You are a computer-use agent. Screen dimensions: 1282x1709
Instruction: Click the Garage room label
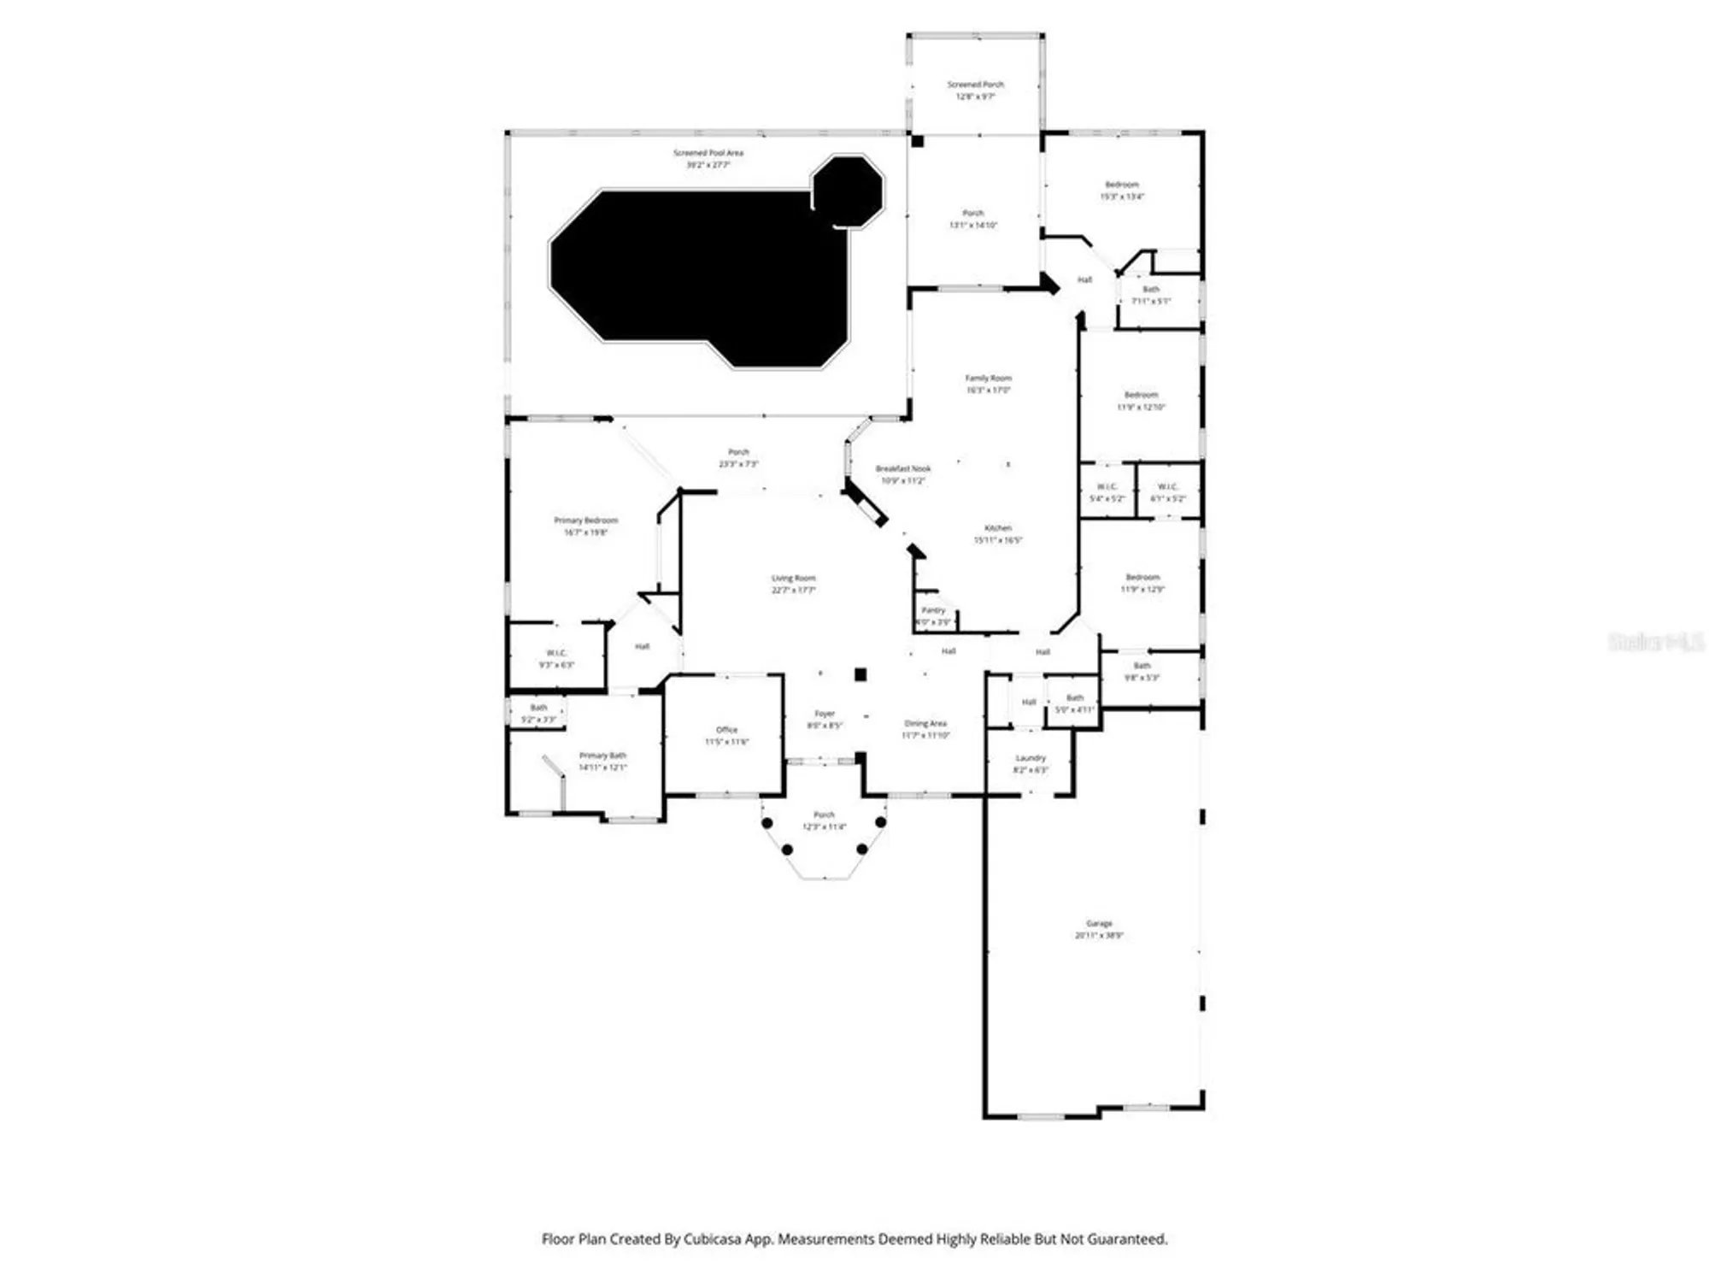coord(1099,929)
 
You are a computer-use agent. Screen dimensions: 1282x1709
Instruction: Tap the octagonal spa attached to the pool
coord(847,191)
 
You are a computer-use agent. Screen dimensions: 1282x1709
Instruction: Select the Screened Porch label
coord(975,90)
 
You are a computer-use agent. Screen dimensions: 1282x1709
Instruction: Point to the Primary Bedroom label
coord(585,526)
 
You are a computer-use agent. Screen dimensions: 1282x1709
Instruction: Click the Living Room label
coord(793,584)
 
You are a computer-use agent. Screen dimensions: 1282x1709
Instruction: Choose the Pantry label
coord(933,615)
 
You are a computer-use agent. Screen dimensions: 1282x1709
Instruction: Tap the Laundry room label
coord(1030,763)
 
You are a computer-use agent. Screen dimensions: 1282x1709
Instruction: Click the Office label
coord(726,735)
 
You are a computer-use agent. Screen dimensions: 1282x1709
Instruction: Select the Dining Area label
coord(925,728)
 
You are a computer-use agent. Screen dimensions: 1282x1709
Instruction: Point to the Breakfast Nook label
coord(902,474)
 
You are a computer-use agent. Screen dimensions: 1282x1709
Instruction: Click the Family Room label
coord(988,383)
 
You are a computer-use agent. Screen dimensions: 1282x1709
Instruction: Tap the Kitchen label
coord(997,533)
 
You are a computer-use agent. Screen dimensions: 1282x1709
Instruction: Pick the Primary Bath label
coord(602,761)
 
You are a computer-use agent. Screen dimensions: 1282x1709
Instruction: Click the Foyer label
coord(824,719)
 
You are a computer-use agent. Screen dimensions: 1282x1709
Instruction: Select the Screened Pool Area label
coord(708,158)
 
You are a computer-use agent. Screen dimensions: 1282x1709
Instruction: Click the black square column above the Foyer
coord(860,674)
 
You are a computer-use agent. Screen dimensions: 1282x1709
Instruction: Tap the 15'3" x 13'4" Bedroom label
coord(1121,190)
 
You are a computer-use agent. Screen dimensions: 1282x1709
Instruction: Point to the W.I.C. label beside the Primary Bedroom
coord(556,658)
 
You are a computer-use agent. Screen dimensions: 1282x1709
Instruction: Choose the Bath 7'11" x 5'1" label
coord(1151,295)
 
